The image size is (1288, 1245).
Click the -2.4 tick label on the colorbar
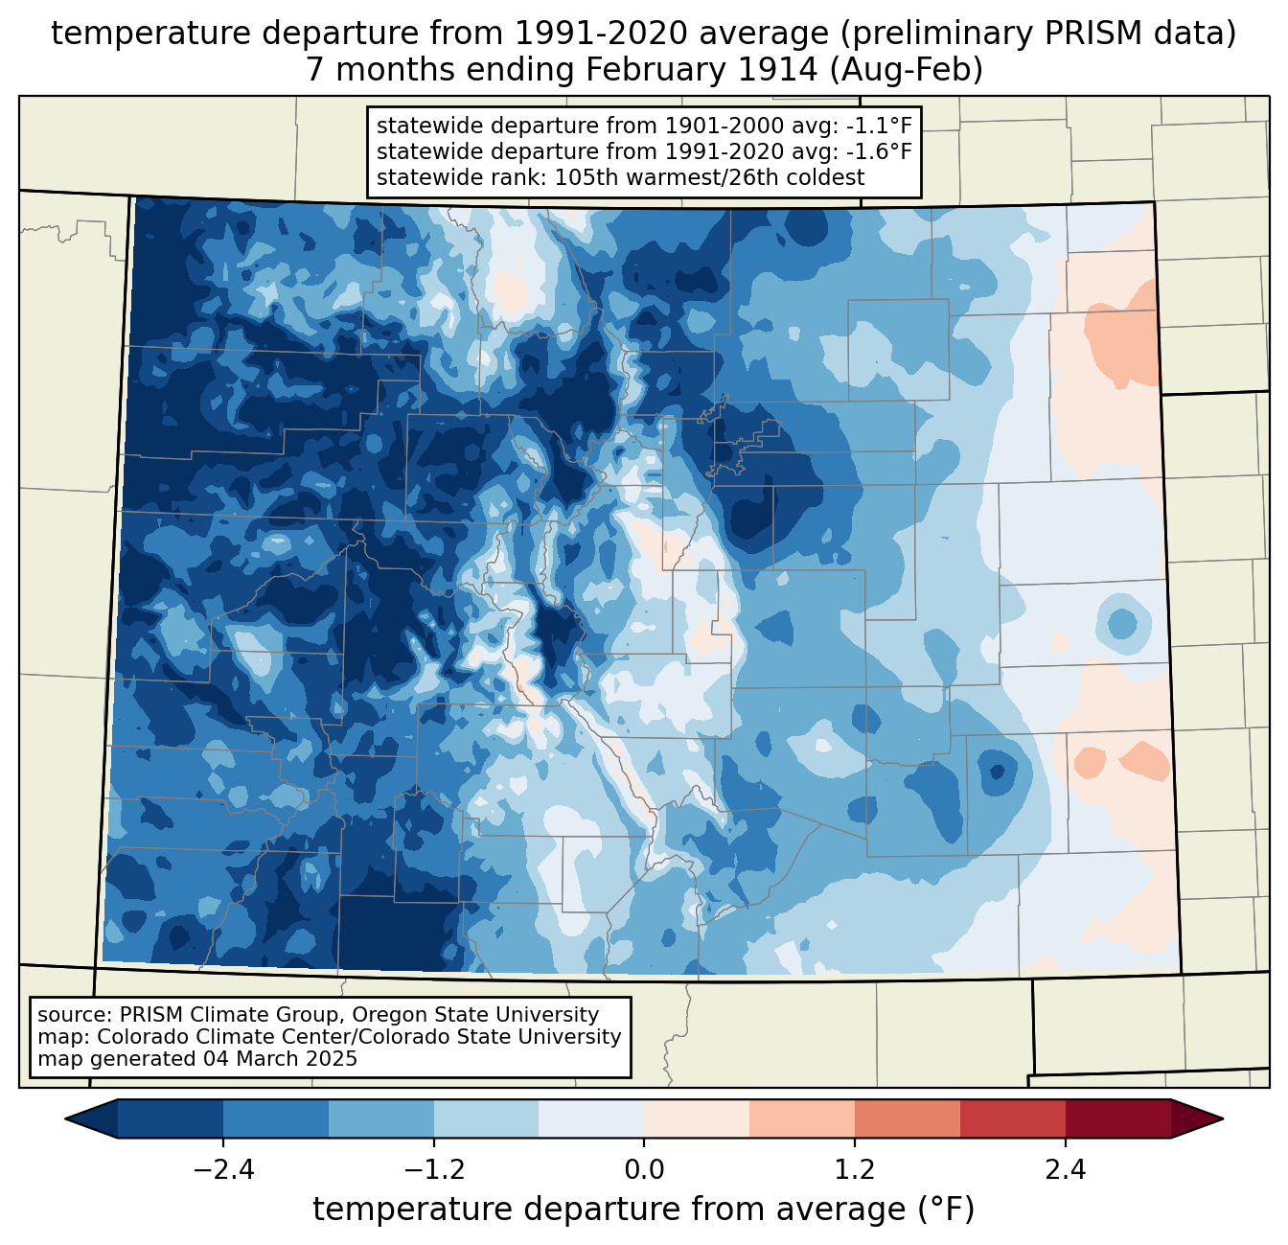[222, 1170]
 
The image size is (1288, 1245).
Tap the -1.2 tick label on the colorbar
[433, 1170]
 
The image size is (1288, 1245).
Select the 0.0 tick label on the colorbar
[644, 1170]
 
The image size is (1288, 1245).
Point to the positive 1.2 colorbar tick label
[855, 1170]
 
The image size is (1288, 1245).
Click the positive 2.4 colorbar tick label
[1065, 1170]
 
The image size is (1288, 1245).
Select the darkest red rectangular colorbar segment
[1117, 1118]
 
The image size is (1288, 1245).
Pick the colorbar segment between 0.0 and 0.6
[697, 1118]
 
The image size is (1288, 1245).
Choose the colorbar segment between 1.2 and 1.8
[907, 1118]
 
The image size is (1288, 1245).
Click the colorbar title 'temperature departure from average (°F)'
[644, 1210]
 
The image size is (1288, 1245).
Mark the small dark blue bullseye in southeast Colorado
[997, 772]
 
